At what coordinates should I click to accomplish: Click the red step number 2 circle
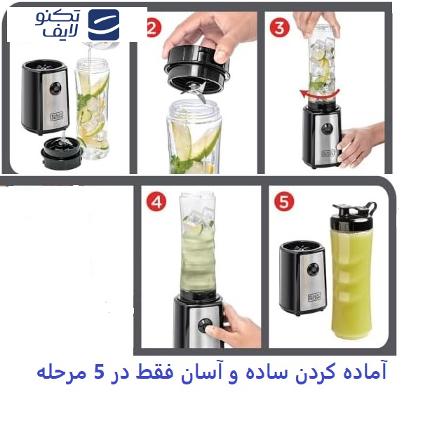[x=153, y=29]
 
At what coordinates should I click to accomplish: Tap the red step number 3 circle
[x=281, y=29]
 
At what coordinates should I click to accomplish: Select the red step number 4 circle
[x=156, y=203]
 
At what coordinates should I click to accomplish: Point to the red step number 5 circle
[x=283, y=203]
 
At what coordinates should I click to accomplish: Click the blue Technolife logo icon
[x=104, y=25]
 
